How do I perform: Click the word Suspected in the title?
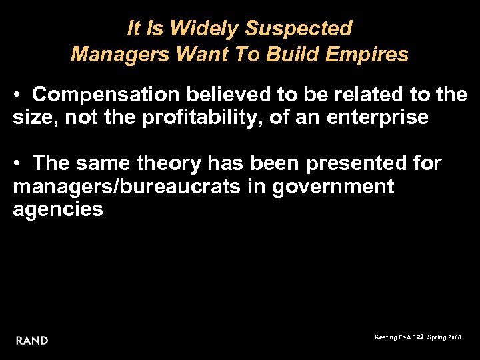299,29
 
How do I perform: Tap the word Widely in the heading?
207,29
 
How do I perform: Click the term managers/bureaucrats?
126,187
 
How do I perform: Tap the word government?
333,187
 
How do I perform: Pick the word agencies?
58,209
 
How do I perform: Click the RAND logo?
32,341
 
